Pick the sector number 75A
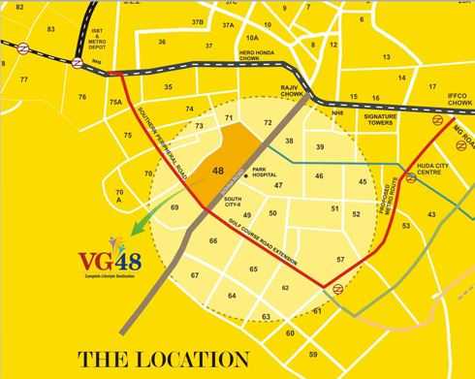(114, 102)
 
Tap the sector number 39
(320, 146)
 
